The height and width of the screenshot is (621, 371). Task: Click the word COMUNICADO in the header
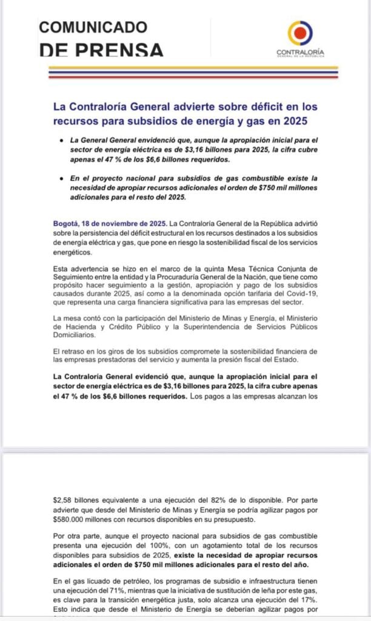pos(93,27)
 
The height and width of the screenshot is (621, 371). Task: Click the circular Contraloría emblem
pos(300,33)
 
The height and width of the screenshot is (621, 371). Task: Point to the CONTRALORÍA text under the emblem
pos(300,52)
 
